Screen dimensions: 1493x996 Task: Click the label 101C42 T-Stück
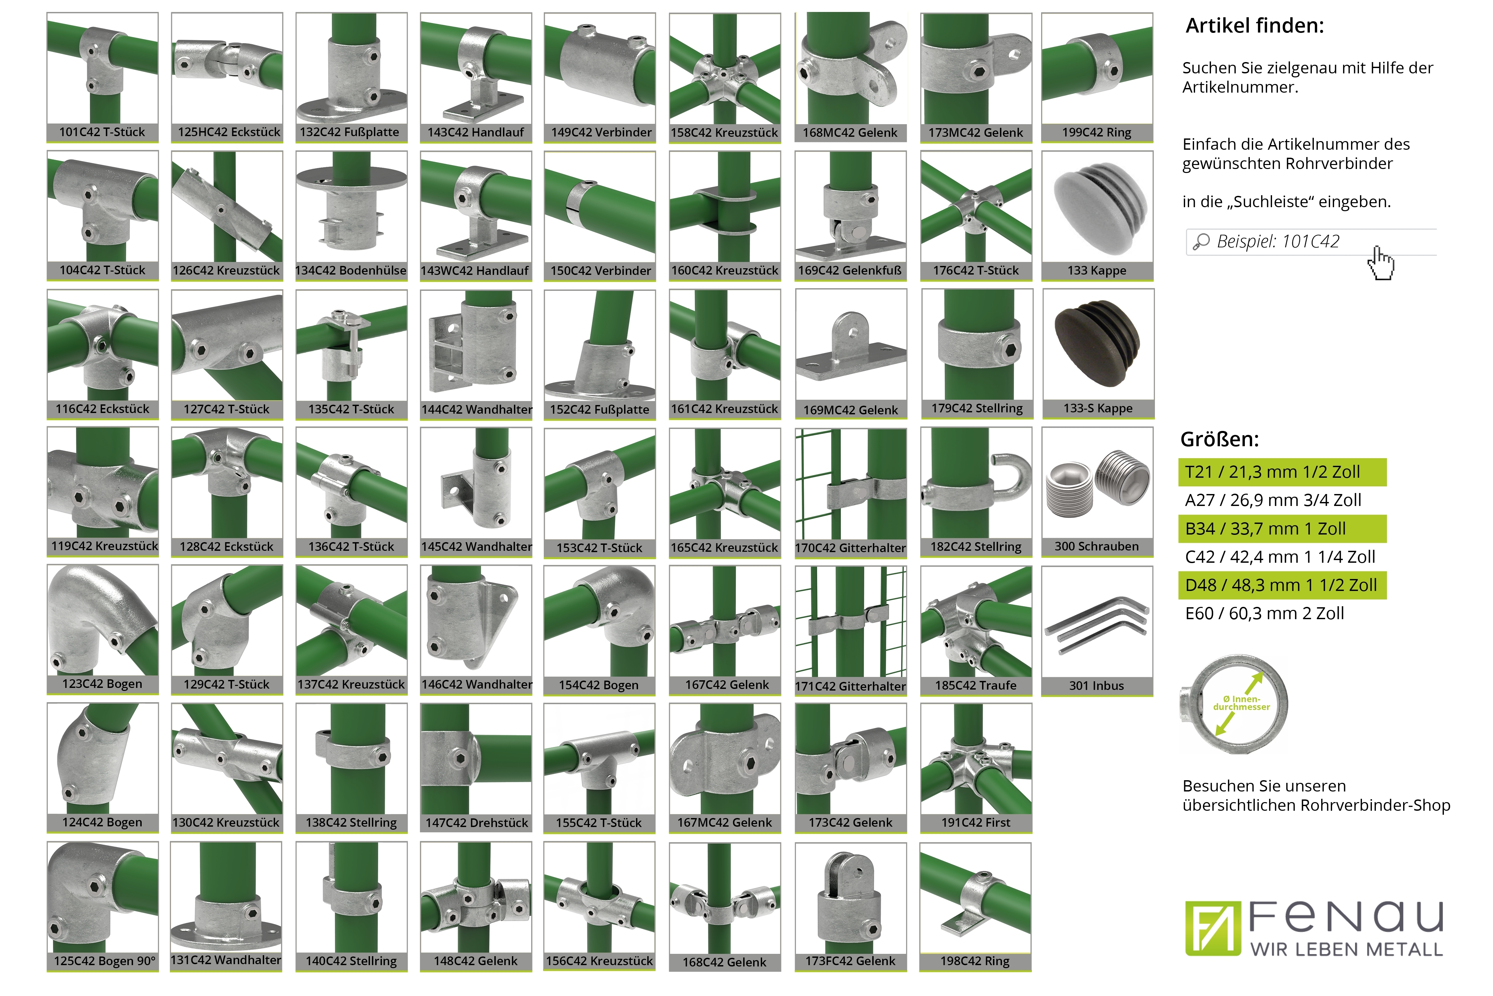click(x=102, y=132)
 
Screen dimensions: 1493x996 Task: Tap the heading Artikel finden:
click(x=1255, y=26)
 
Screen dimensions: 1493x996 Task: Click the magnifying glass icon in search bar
click(x=1201, y=242)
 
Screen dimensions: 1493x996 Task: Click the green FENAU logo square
click(x=1212, y=928)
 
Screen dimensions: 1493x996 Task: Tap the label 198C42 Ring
click(x=975, y=961)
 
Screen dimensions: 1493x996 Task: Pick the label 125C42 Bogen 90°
click(x=104, y=961)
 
